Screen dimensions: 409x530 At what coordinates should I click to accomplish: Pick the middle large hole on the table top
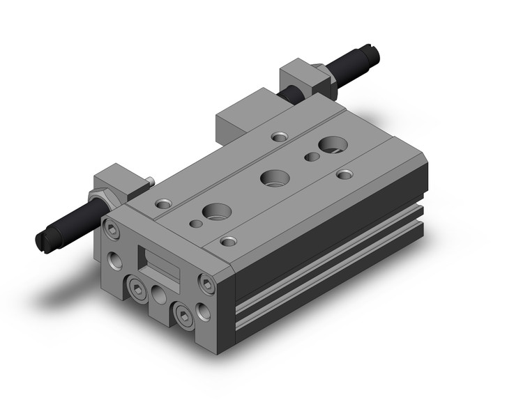[274, 177]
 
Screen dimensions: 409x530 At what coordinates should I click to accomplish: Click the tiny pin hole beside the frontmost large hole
[195, 223]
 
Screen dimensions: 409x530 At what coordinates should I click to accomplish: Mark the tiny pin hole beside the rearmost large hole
[311, 157]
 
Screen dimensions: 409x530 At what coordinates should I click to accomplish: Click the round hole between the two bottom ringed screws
[159, 296]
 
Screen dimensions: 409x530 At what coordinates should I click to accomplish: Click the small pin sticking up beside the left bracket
[150, 181]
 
